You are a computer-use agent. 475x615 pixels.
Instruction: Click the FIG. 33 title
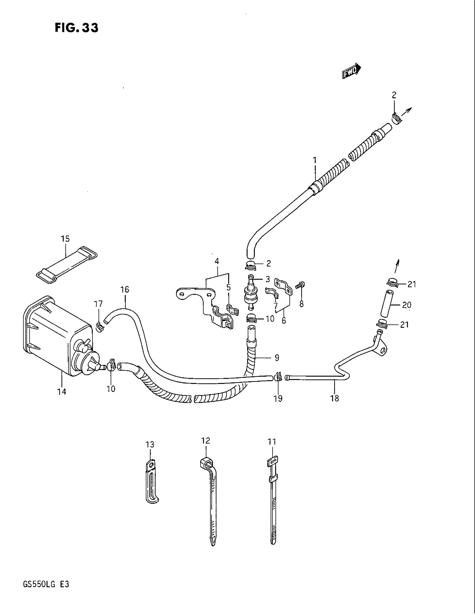(77, 28)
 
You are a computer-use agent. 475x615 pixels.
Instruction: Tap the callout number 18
(335, 398)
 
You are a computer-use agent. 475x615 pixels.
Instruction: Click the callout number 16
(125, 289)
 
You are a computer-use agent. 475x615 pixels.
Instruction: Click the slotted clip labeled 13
(152, 482)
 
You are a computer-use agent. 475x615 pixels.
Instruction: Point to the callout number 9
(277, 358)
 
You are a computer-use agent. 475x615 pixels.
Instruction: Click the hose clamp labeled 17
(99, 327)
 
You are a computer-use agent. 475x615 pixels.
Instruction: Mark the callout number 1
(315, 161)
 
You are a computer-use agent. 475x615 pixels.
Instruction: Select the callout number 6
(284, 320)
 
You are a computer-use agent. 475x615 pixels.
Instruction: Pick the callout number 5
(229, 287)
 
